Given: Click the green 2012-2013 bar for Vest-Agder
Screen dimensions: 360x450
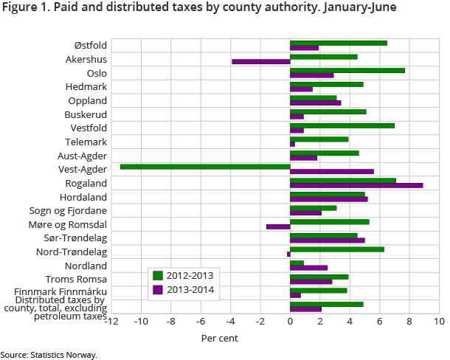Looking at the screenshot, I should click(x=205, y=167).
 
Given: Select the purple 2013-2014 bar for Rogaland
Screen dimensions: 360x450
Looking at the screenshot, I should click(x=356, y=185).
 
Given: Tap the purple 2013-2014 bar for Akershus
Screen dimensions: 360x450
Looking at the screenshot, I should click(x=260, y=61).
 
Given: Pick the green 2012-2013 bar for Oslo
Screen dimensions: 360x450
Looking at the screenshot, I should click(x=347, y=70).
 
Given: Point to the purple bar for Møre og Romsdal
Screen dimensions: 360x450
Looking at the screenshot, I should click(x=278, y=226).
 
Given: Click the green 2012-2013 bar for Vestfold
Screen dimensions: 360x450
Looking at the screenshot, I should click(x=342, y=125).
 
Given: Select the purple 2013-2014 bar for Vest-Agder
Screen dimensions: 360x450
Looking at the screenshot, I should click(x=332, y=171).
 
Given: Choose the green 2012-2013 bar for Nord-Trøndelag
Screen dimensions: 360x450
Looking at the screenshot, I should click(x=337, y=249).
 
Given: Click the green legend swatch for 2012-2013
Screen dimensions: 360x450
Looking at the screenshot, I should click(x=157, y=275).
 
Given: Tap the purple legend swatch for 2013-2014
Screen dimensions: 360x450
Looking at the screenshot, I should click(x=157, y=289).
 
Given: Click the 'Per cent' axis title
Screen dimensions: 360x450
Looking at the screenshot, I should click(x=220, y=338).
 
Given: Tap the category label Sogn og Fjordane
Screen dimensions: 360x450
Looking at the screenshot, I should click(x=71, y=210).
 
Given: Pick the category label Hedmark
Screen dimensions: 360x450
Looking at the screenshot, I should click(x=86, y=86).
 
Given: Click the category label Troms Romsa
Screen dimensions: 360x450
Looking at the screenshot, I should click(x=76, y=279).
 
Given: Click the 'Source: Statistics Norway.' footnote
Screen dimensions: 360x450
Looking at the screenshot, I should click(x=49, y=355).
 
